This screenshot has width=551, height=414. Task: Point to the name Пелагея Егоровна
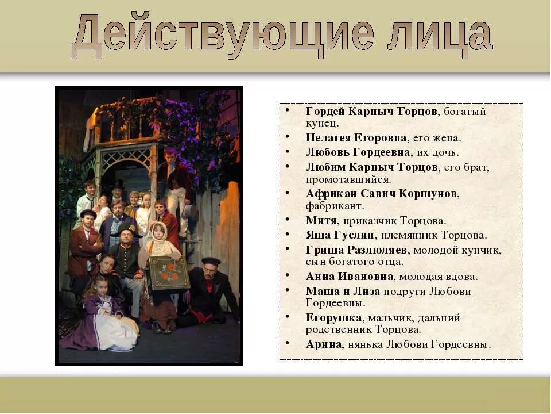356,138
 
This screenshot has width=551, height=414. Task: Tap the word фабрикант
335,205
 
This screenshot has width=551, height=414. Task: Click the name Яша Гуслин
340,235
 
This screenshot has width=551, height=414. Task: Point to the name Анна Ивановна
350,277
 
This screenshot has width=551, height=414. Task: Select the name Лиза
367,291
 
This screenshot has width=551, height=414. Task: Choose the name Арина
324,344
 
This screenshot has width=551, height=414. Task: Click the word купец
322,123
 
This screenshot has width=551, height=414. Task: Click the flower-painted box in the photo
169,272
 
